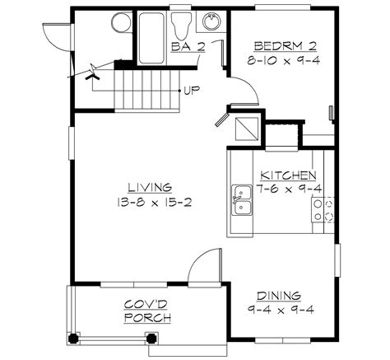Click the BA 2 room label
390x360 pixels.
pyautogui.click(x=188, y=48)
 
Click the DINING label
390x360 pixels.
pyautogui.click(x=277, y=295)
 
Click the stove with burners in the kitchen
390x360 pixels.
pyautogui.click(x=326, y=209)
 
